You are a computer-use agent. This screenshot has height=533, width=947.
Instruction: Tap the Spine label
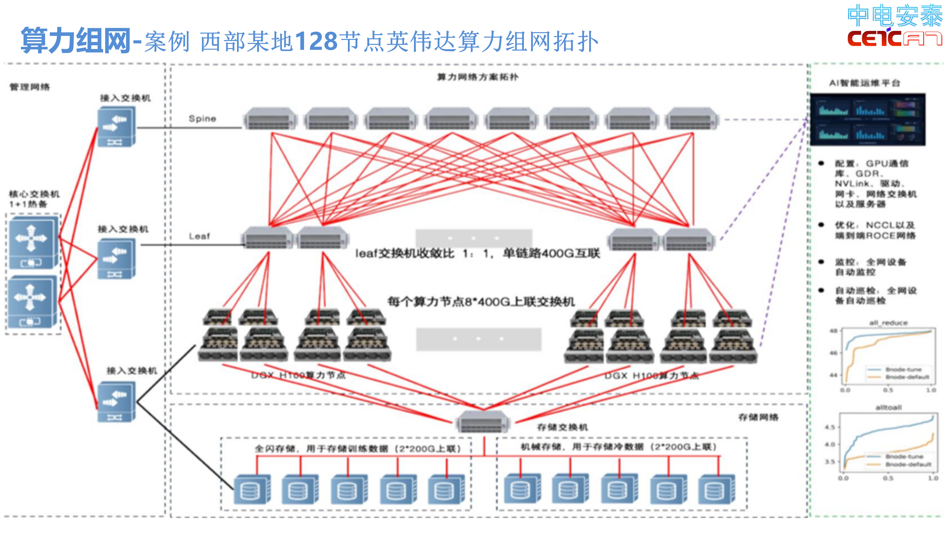tap(202, 118)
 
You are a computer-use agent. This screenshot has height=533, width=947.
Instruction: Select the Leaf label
tap(199, 236)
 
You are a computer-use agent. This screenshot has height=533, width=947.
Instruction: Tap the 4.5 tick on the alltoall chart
tap(830, 427)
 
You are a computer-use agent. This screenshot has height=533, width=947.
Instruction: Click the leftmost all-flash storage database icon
tap(252, 489)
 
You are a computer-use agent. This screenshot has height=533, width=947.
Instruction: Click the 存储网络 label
tap(758, 417)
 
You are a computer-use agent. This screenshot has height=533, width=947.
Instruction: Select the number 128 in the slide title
tap(316, 41)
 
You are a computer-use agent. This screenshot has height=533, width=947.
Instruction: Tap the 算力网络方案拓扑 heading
tap(478, 77)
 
